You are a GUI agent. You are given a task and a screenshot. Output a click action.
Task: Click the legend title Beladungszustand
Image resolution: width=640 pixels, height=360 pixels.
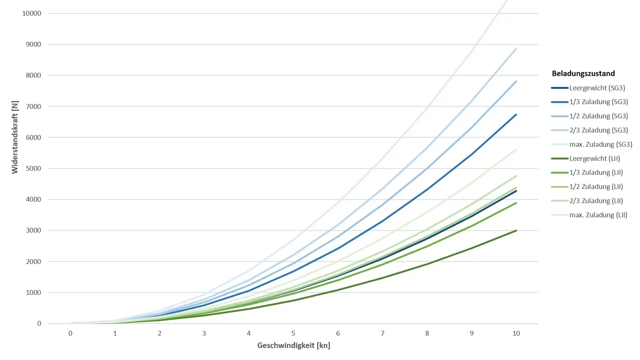[583, 74]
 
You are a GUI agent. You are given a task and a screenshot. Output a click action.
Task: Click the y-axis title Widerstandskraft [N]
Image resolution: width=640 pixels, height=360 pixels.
[15, 137]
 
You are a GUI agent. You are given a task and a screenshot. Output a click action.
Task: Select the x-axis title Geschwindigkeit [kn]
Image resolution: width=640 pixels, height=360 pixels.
[294, 345]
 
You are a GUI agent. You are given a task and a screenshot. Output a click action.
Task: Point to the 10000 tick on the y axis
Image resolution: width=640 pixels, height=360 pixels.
[32, 14]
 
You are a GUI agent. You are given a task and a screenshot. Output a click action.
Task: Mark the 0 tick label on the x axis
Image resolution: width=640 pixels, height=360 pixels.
[70, 333]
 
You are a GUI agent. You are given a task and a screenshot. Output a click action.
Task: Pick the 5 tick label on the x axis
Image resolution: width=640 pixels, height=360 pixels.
[293, 333]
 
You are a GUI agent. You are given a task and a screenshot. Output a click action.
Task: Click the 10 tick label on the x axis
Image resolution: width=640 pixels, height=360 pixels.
[516, 333]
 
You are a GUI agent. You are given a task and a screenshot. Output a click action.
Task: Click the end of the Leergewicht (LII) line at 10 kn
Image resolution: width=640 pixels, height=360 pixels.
[516, 231]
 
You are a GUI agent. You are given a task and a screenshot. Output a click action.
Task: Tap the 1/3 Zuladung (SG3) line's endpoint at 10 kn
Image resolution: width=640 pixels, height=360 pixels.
[516, 115]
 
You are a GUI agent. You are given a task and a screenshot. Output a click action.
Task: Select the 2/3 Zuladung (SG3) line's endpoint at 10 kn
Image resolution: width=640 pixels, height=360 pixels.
[516, 49]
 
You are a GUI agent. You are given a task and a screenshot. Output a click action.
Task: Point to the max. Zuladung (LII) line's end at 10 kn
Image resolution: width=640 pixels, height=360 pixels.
[516, 150]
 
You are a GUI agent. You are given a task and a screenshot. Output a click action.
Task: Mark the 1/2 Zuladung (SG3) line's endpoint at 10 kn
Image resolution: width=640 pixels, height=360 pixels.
[516, 82]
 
